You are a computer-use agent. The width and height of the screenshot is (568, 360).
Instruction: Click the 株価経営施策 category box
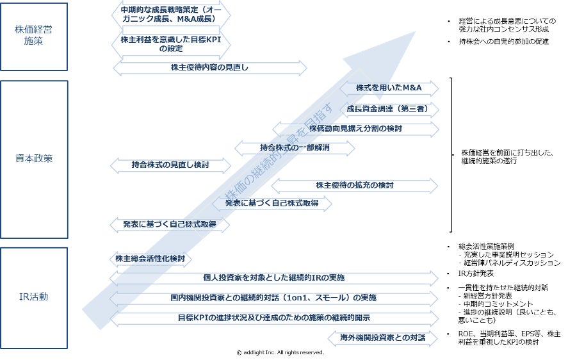coord(34,36)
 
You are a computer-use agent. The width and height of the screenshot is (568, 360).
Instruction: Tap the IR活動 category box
coord(34,296)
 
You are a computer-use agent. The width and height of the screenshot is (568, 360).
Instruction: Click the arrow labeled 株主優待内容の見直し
coord(209,67)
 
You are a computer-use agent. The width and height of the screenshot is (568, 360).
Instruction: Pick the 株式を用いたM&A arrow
coord(389,88)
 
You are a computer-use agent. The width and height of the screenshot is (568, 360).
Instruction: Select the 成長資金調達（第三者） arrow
coord(389,108)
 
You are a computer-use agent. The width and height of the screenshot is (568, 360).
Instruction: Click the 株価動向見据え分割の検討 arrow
coord(355,129)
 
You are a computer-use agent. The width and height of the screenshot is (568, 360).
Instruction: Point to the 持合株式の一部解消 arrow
coord(295,148)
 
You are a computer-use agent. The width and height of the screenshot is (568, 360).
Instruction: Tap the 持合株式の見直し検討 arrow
coord(170,165)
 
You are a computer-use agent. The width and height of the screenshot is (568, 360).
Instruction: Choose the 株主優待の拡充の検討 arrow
coord(355,185)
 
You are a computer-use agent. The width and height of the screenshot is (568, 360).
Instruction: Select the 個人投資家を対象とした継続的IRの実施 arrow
coord(273,278)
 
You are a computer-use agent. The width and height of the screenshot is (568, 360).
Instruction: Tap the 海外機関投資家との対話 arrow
coord(383,338)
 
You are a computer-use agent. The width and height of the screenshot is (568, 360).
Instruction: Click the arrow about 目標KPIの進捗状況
coord(273,318)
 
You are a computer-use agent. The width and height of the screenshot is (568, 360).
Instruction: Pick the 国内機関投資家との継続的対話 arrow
coord(273,298)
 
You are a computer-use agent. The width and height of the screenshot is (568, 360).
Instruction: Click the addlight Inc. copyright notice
coord(280,352)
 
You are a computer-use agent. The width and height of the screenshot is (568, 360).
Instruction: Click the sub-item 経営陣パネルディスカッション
coord(510,263)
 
